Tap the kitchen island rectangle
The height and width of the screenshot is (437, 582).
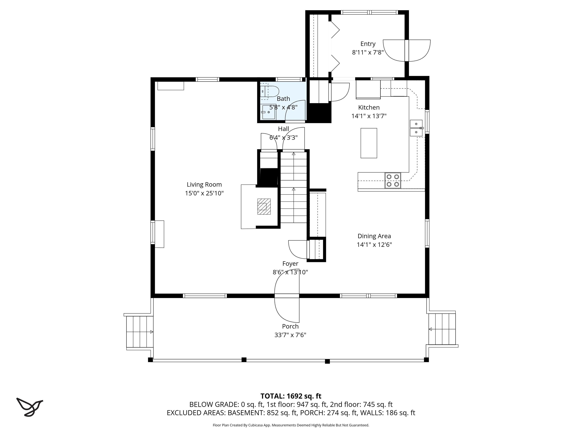(x=369, y=143)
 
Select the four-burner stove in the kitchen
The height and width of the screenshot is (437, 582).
(x=393, y=180)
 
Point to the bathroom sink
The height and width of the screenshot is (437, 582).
(x=268, y=112)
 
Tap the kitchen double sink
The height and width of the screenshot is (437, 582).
(x=416, y=128)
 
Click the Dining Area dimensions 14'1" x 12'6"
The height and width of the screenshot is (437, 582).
(x=374, y=245)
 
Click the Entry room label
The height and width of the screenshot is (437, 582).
(x=368, y=44)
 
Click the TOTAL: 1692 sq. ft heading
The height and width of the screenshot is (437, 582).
(x=291, y=396)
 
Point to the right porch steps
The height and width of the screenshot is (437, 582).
(x=442, y=329)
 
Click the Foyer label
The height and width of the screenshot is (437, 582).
(x=290, y=264)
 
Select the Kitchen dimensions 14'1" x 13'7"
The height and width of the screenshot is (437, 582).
(x=369, y=116)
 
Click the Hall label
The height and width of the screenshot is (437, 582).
(x=283, y=129)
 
